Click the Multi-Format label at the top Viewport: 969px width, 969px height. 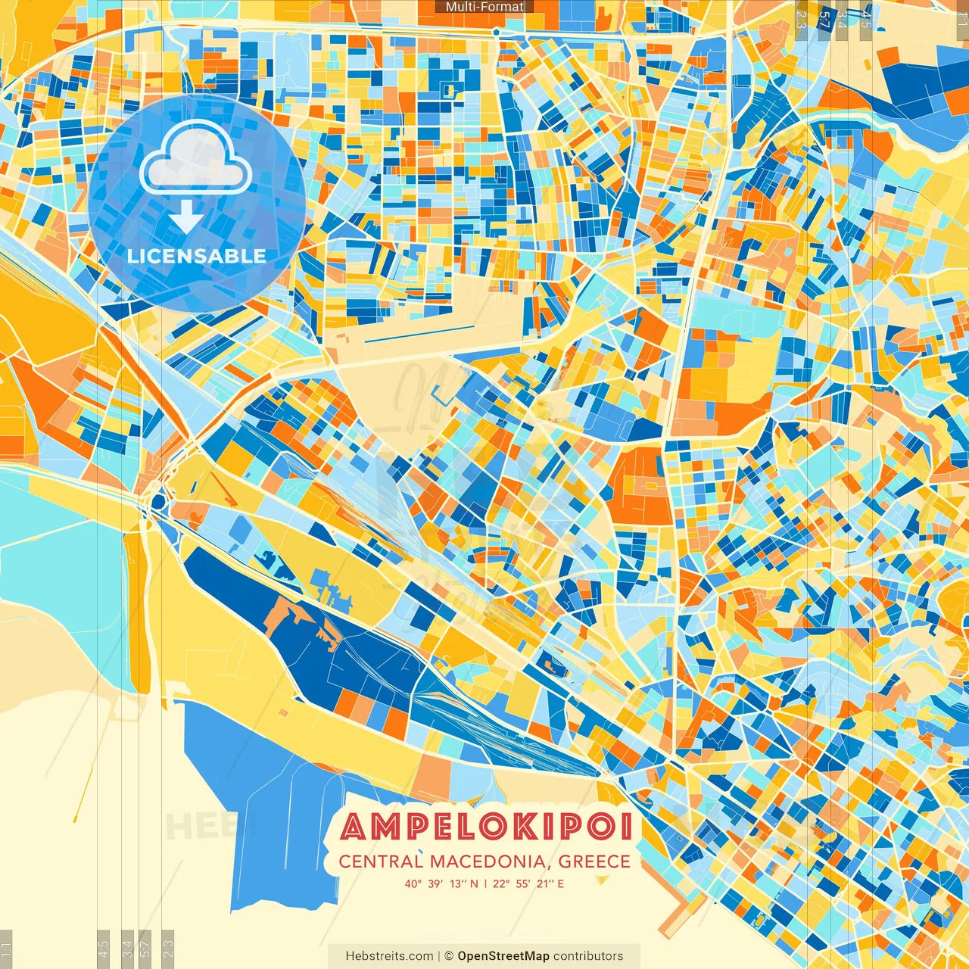click(484, 7)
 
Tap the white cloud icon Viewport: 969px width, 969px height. click(195, 160)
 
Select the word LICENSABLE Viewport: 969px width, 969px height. click(197, 256)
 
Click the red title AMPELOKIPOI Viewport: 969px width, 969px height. click(486, 827)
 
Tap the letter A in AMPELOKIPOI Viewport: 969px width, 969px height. click(355, 827)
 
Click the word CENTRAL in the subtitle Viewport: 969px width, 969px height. click(380, 862)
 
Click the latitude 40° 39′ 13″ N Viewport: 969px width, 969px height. click(441, 883)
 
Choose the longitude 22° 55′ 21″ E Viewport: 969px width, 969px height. click(528, 883)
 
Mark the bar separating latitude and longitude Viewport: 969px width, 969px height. click(485, 883)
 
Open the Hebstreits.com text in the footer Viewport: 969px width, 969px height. click(389, 956)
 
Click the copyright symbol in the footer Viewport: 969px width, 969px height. click(448, 956)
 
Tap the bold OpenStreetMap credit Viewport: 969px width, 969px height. click(503, 956)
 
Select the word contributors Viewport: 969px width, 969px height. click(588, 956)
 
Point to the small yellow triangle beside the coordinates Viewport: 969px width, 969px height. click(602, 880)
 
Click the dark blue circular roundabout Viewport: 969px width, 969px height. click(159, 500)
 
